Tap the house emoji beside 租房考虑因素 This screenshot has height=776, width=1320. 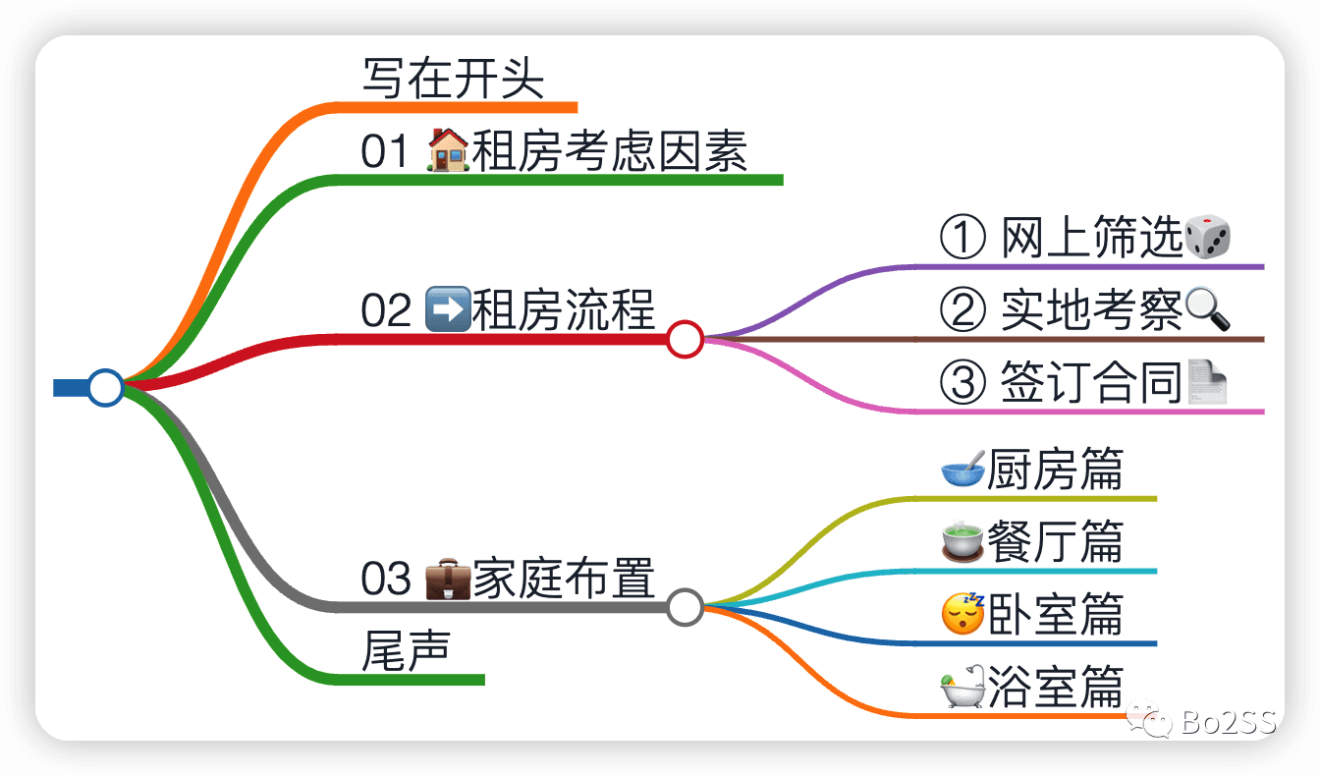click(449, 152)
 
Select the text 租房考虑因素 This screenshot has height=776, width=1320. click(610, 152)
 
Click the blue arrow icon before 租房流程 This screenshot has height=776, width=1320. click(448, 309)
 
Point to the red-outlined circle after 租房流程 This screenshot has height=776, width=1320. click(685, 339)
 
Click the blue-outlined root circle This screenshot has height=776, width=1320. click(105, 387)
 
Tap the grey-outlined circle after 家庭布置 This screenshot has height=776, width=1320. click(685, 607)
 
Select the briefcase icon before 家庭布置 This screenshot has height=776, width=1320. click(447, 579)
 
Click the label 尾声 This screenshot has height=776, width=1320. click(406, 650)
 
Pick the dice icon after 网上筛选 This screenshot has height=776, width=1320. click(1208, 239)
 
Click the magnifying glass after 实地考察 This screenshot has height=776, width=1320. click(1208, 310)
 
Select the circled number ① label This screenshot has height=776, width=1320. click(962, 239)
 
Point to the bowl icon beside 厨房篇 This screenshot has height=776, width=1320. click(962, 470)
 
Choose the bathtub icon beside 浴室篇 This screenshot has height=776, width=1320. click(962, 687)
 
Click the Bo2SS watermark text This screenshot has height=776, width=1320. click(1227, 724)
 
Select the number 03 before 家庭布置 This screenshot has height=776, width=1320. click(386, 579)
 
